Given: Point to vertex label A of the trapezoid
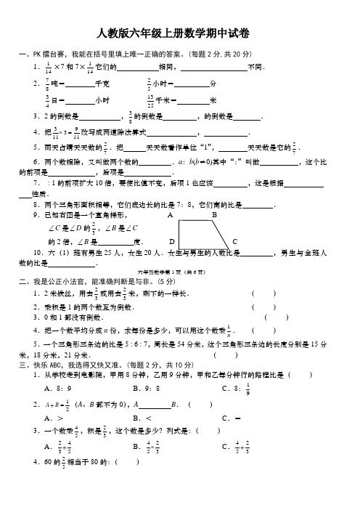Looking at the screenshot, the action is tap(169, 216).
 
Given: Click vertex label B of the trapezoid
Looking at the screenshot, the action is tap(214, 216).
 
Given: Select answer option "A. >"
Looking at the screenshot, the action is tap(52, 418).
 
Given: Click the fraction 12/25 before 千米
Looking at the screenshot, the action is tap(150, 100).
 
